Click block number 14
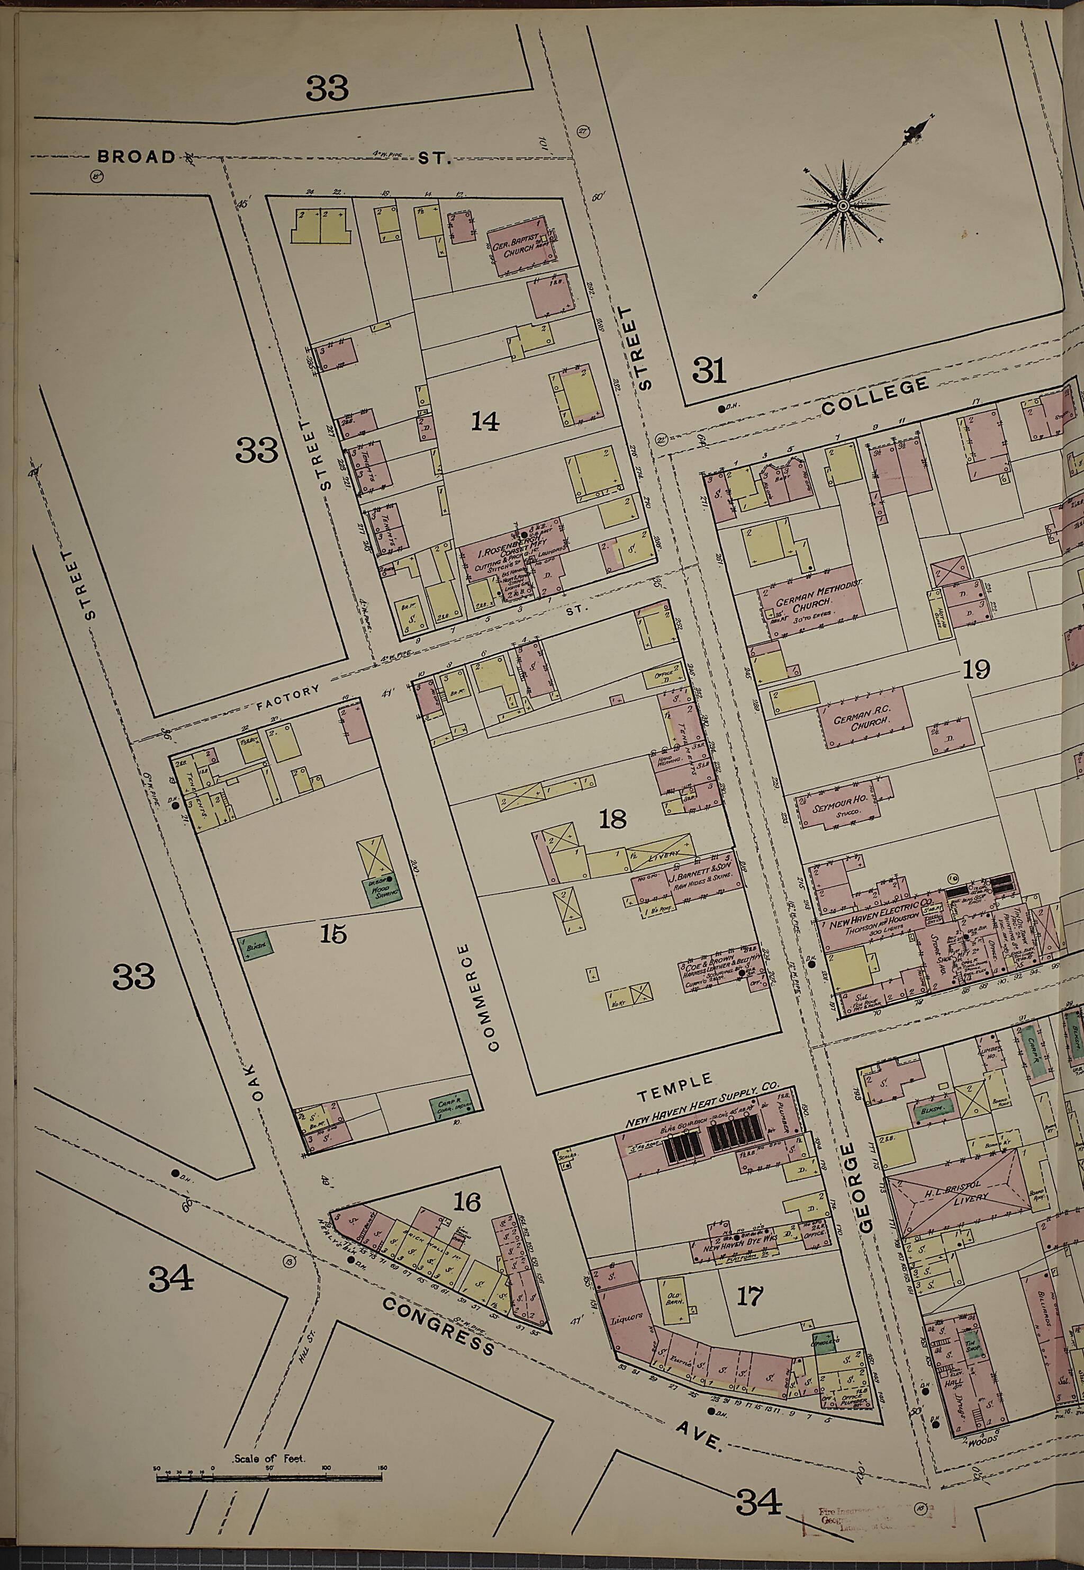485,422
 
